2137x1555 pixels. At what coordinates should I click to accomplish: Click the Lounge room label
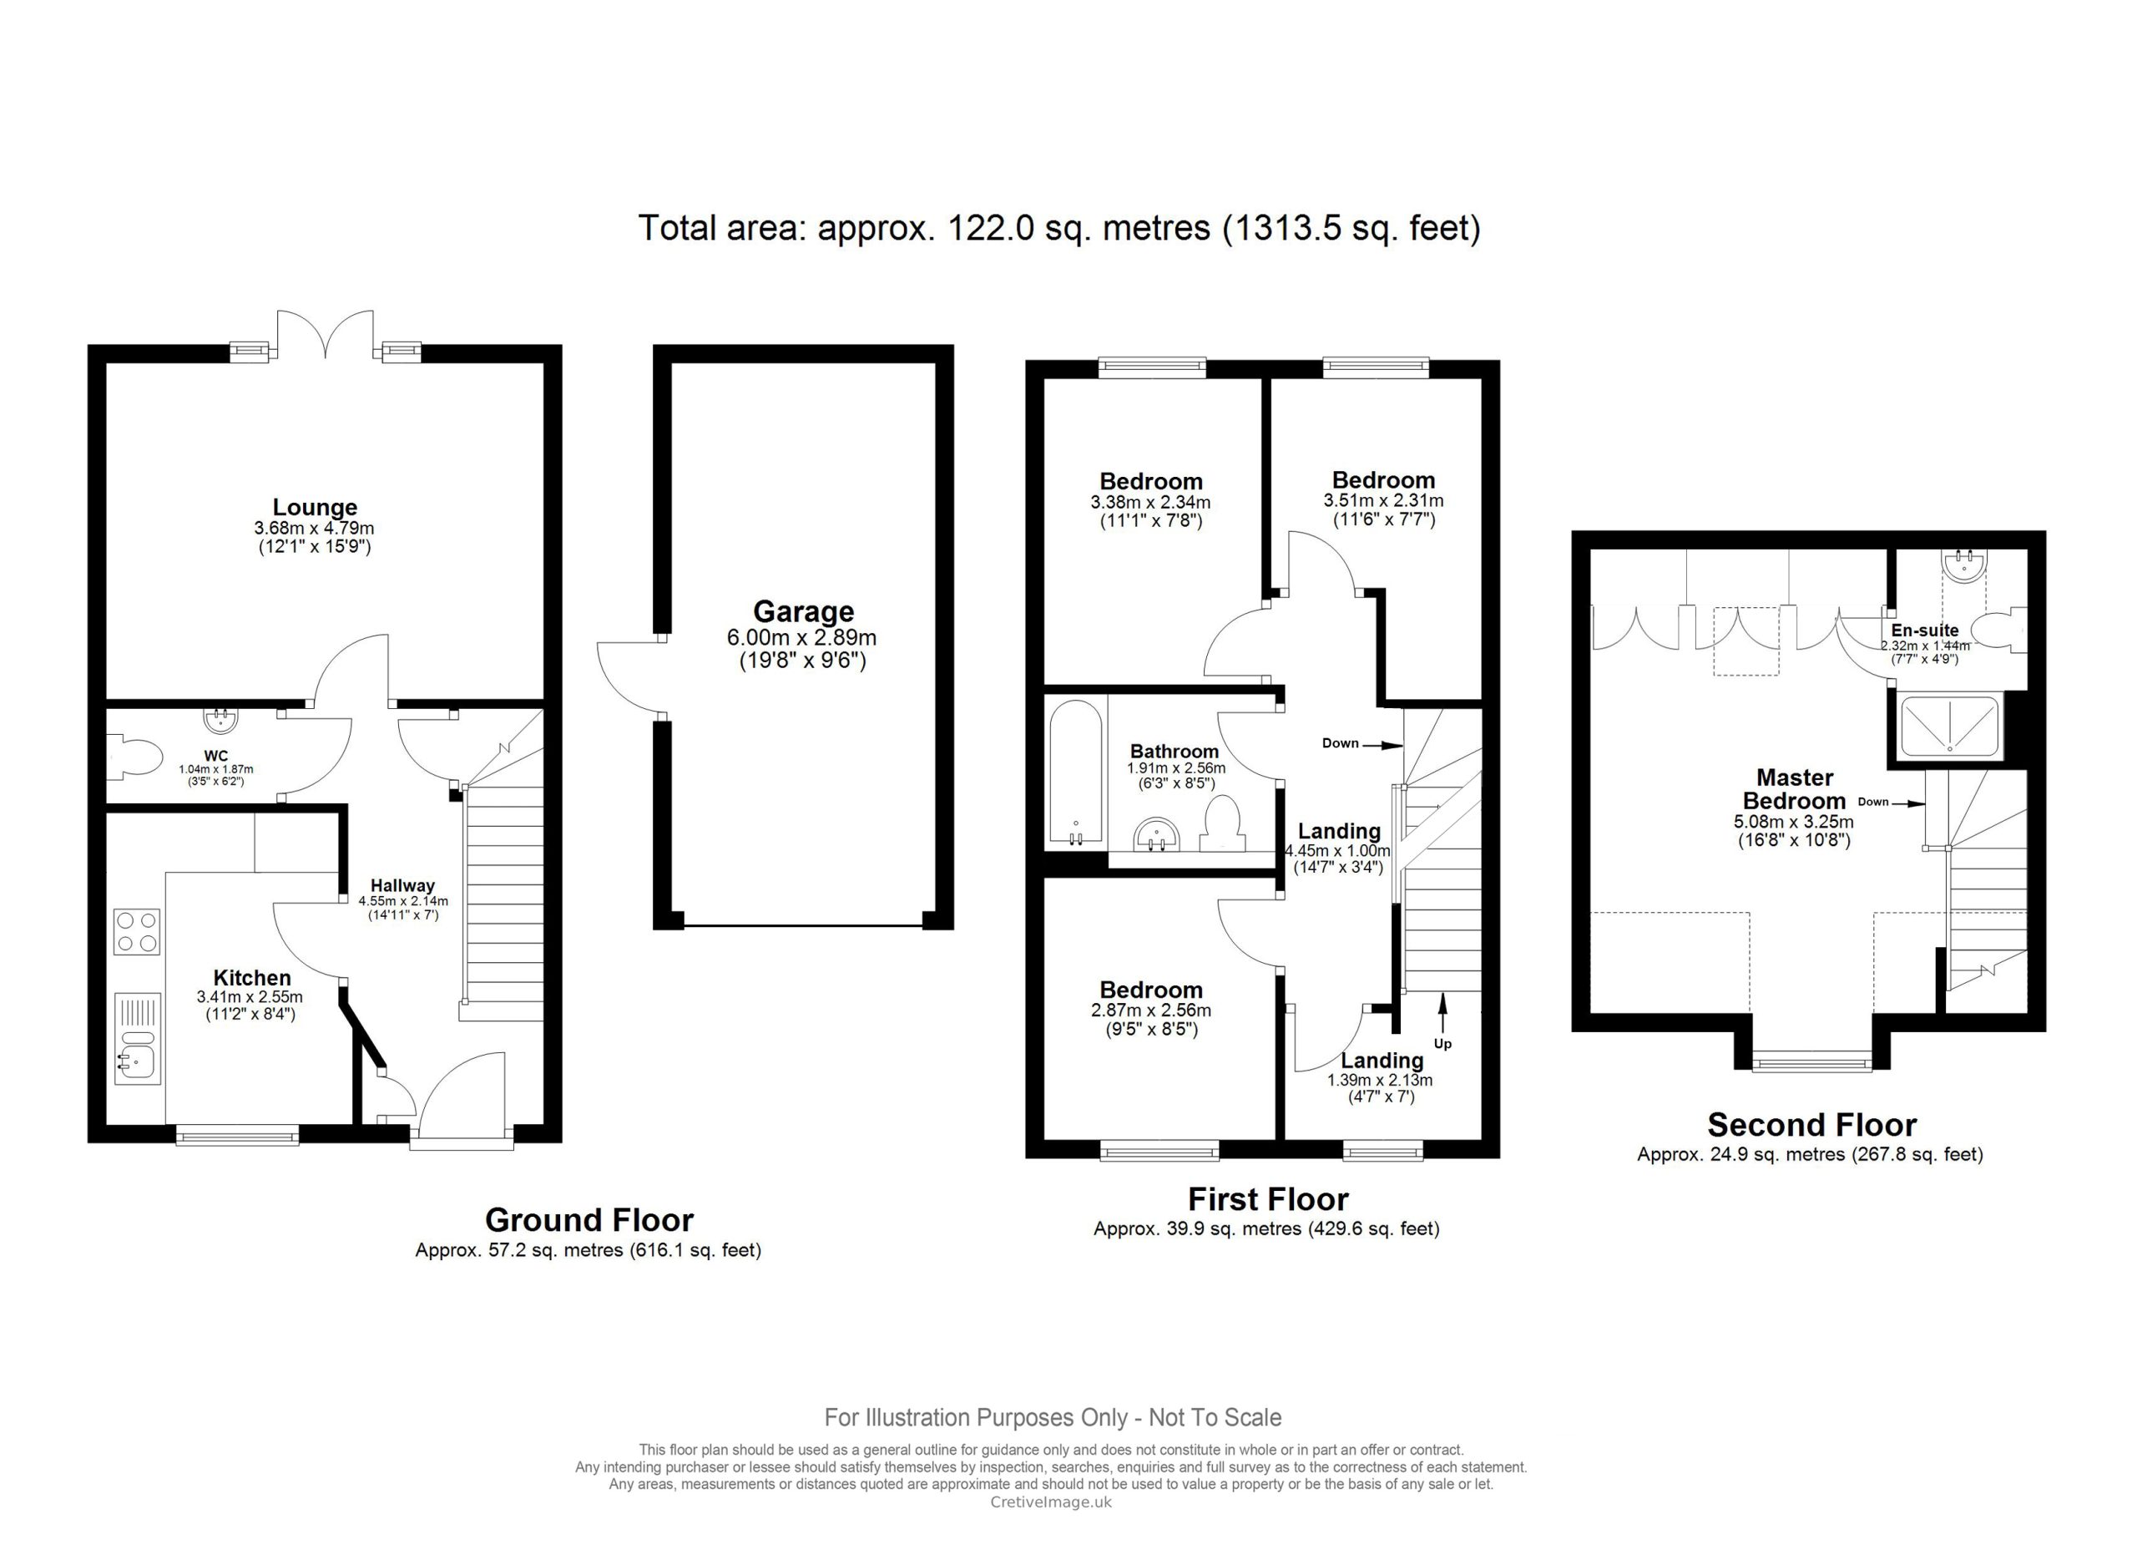pyautogui.click(x=315, y=507)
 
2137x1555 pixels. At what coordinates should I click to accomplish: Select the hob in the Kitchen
pyautogui.click(x=137, y=931)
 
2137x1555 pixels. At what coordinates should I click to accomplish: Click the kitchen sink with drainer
pyautogui.click(x=137, y=1037)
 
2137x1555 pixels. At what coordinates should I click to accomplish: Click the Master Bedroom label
pyautogui.click(x=1794, y=789)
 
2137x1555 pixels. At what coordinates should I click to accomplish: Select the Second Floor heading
pyautogui.click(x=1811, y=1125)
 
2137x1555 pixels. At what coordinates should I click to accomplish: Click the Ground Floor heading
pyautogui.click(x=589, y=1219)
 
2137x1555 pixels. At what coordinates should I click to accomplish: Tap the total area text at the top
pyautogui.click(x=1059, y=228)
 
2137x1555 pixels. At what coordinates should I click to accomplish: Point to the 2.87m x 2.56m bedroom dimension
pyautogui.click(x=1150, y=1010)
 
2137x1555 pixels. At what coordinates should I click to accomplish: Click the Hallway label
pyautogui.click(x=402, y=885)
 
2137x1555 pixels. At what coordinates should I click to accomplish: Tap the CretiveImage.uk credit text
pyautogui.click(x=1051, y=1502)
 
